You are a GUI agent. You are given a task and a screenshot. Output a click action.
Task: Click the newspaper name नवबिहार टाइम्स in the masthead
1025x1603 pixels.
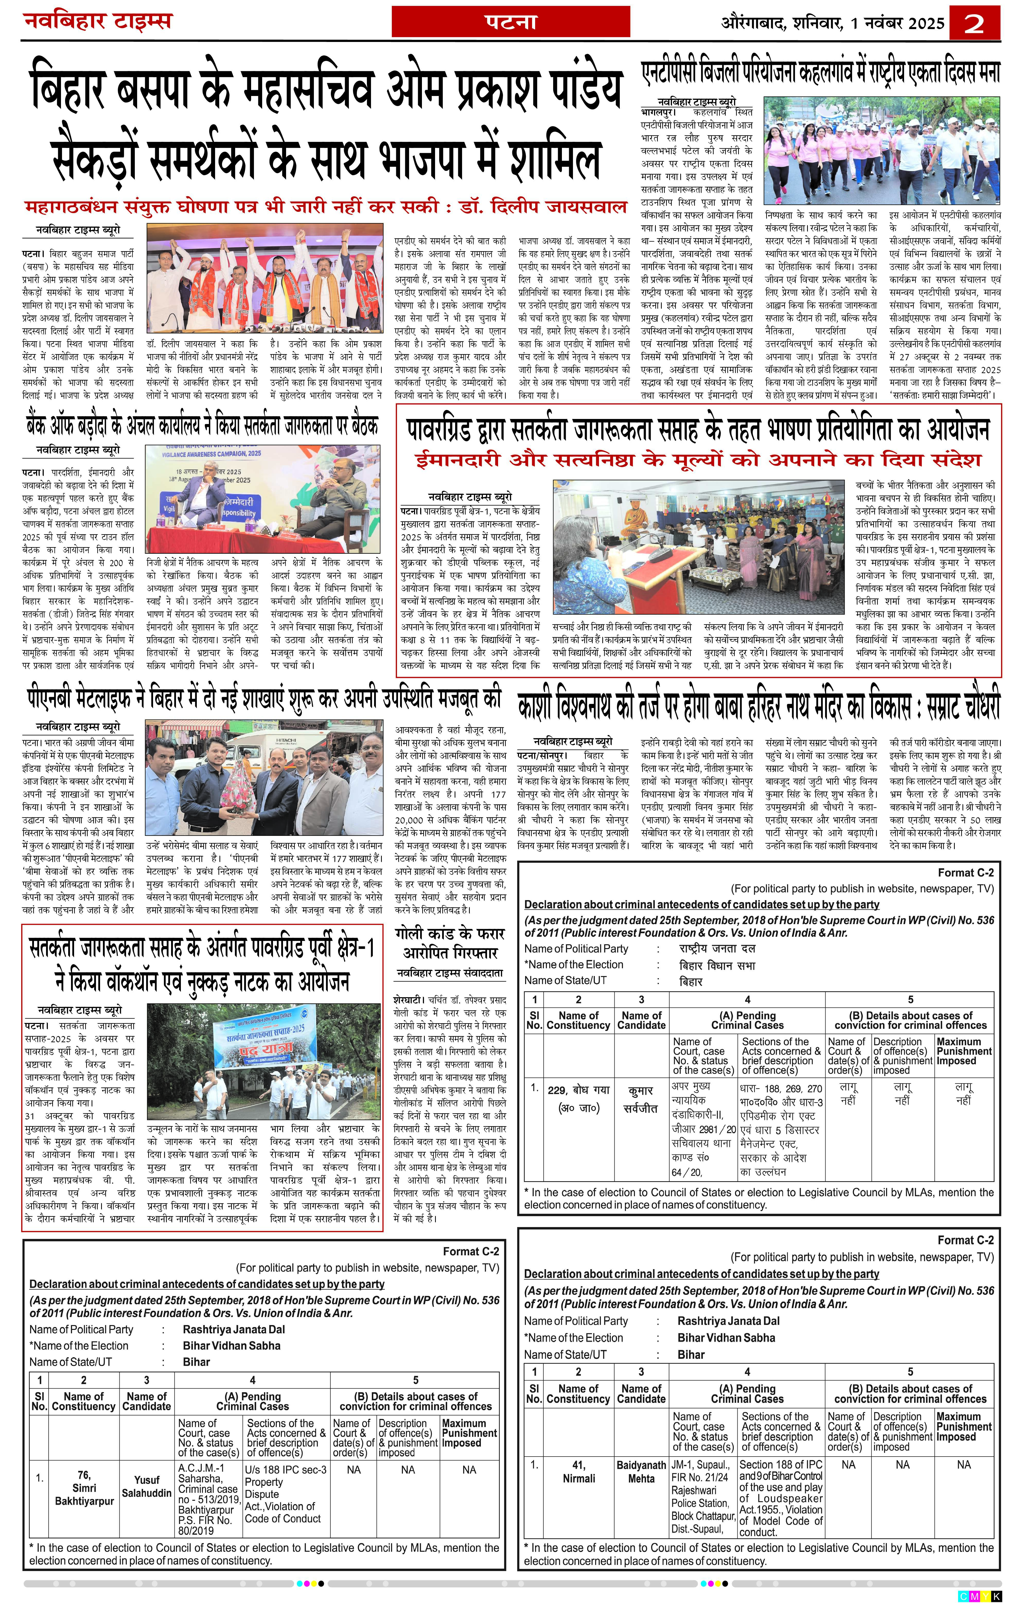(99, 21)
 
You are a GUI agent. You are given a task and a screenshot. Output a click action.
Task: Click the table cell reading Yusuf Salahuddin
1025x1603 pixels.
(146, 1486)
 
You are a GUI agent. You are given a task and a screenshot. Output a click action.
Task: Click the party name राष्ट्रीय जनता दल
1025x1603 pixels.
(717, 948)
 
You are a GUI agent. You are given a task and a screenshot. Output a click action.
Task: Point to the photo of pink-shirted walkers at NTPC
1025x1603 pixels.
(881, 151)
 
